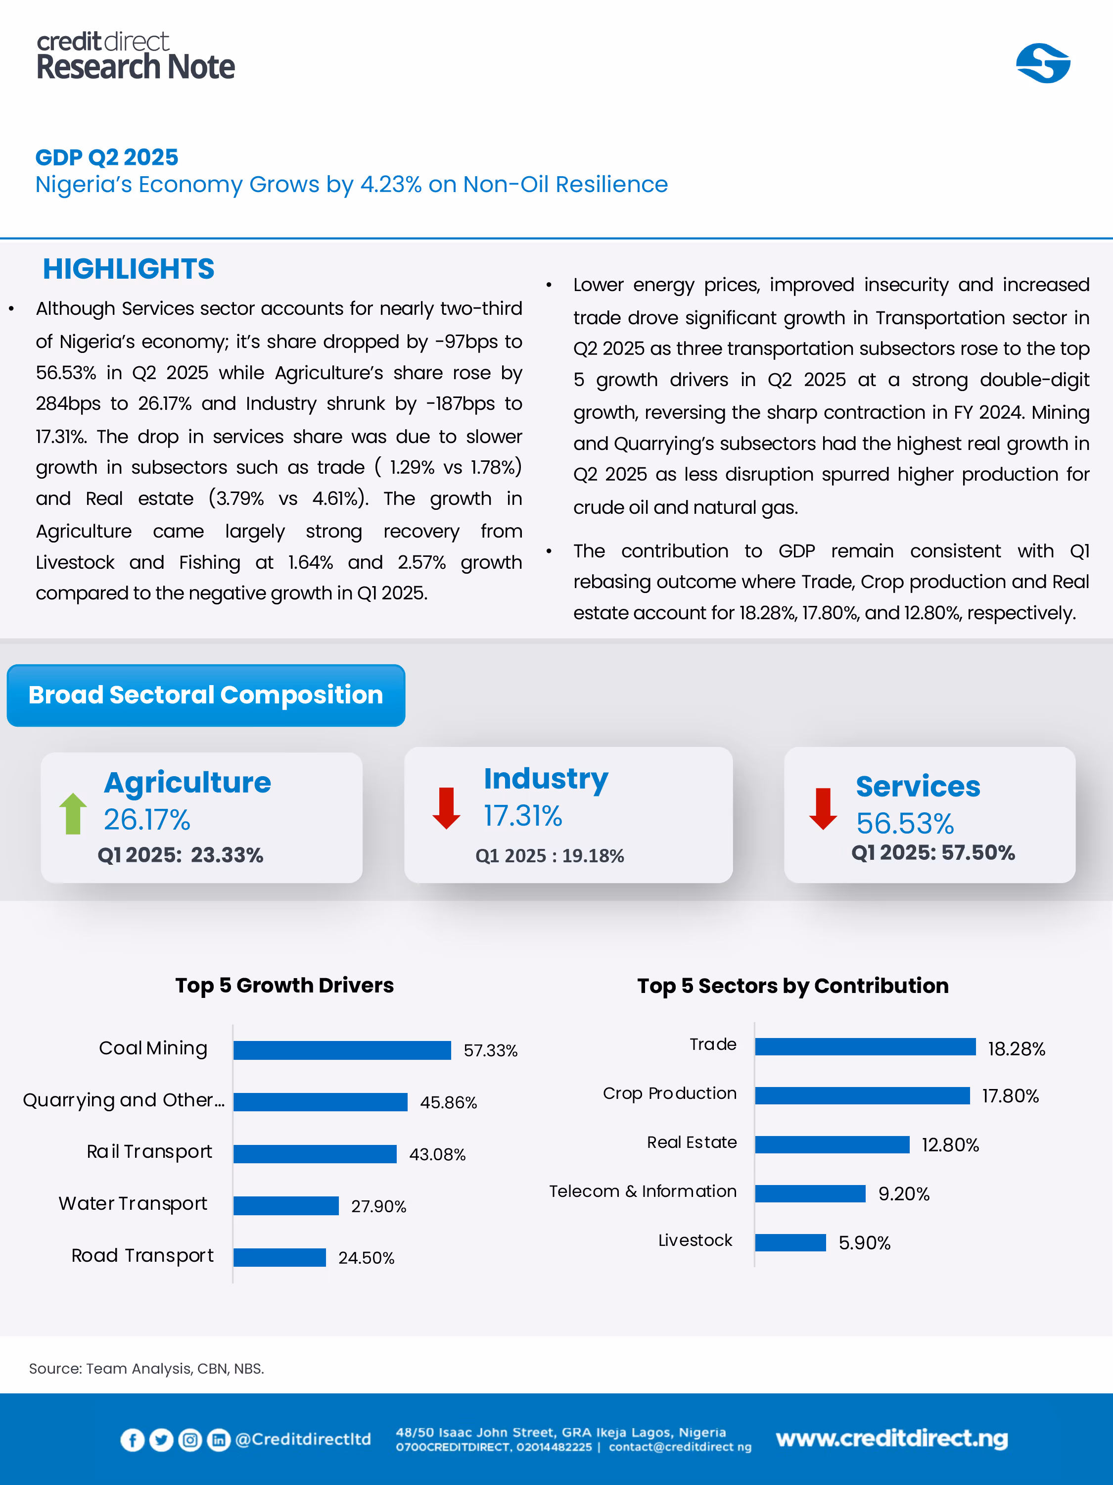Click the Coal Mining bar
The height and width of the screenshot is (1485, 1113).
coord(342,1050)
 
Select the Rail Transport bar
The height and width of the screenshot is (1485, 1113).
coord(315,1154)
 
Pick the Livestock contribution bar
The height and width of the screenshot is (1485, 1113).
coord(790,1242)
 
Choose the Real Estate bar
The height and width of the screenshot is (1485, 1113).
coord(832,1144)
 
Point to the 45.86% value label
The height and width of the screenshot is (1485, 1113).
coord(448,1102)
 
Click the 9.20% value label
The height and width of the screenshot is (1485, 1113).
coord(904,1193)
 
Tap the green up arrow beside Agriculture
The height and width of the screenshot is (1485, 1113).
coord(73,814)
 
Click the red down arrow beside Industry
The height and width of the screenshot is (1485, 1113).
coord(446,808)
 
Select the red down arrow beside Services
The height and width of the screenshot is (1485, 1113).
coord(823,809)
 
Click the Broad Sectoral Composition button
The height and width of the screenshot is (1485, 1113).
coord(206,695)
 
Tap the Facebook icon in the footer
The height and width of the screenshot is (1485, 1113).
coord(132,1439)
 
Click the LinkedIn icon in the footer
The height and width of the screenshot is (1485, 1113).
coord(219,1439)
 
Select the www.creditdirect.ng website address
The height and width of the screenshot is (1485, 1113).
coord(891,1438)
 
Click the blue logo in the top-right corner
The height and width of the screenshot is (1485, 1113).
coord(1043,64)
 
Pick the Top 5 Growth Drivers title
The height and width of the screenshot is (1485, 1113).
coord(284,985)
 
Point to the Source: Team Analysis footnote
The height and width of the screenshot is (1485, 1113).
coord(146,1368)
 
